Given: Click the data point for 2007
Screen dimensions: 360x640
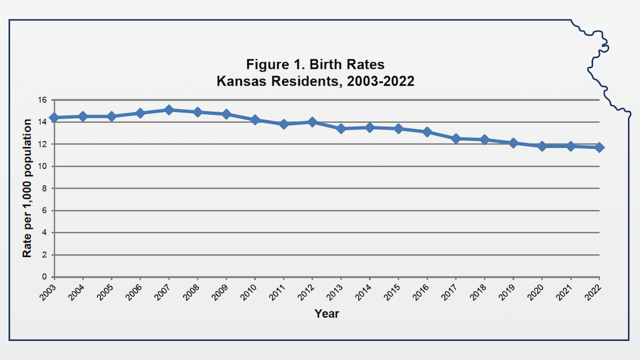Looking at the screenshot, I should tap(169, 109).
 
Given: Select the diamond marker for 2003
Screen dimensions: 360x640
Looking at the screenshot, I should tap(54, 117).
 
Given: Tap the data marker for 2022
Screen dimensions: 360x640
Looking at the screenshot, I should tap(599, 147).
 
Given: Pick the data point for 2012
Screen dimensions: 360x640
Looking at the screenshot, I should tap(312, 122).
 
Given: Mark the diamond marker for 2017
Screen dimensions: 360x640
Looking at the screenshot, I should tap(456, 138).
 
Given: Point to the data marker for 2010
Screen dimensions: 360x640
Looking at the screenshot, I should tap(255, 120).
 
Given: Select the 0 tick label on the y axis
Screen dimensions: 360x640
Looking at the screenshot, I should tap(44, 277).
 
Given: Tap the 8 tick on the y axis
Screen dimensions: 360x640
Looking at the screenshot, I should tap(44, 188).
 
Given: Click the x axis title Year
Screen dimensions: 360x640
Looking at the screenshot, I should tap(326, 314).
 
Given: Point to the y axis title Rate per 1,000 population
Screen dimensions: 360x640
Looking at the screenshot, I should tap(27, 188).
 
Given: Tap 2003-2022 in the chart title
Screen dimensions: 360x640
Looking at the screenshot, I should tap(381, 81).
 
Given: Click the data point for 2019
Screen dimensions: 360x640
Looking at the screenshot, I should tap(513, 143).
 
